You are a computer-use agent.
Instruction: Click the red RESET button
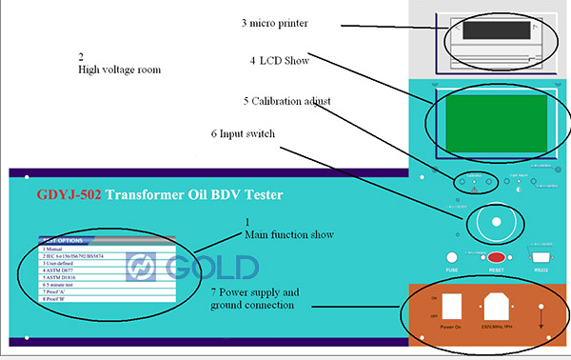pos(496,257)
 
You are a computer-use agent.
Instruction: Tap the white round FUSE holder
pos(452,257)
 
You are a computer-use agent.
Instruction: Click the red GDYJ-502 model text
pos(69,195)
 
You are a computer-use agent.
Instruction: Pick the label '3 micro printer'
pos(280,21)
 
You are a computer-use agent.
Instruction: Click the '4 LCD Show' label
pos(277,60)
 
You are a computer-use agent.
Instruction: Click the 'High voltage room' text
pos(119,70)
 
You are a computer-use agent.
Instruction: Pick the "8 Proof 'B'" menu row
pos(59,299)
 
